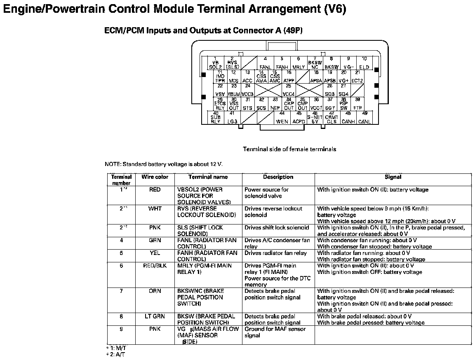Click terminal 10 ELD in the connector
tap(364, 63)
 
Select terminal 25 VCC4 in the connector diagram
tap(289, 90)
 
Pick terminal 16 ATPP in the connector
tap(289, 77)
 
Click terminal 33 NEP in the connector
tap(275, 104)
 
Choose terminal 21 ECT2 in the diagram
tap(357, 77)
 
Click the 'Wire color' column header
tap(155, 177)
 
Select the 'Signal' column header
tap(393, 177)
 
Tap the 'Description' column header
tap(278, 177)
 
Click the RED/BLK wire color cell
tap(155, 266)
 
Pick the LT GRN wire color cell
tap(155, 316)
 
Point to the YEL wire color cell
tap(155, 253)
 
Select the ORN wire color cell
tap(155, 291)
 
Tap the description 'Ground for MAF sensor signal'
tap(275, 332)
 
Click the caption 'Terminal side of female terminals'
tap(289, 149)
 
